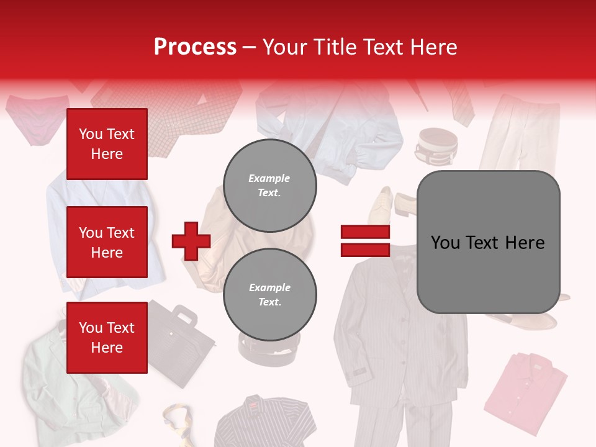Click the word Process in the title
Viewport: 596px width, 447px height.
tap(195, 47)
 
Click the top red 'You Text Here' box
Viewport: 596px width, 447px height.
tap(107, 144)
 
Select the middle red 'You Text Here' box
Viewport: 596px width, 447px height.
tap(107, 242)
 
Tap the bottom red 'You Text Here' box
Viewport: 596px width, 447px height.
tap(107, 338)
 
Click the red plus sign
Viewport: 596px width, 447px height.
tap(191, 241)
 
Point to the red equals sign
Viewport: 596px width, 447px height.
tap(365, 241)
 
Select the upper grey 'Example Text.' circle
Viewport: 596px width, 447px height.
tap(269, 185)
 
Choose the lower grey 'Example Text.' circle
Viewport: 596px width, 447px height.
tap(269, 294)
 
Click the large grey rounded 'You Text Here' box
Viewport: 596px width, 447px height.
tap(488, 242)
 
